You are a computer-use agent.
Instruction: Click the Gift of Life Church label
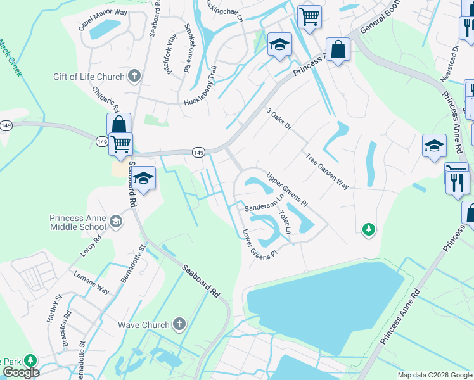pos(89,77)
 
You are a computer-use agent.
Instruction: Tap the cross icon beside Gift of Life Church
pos(133,77)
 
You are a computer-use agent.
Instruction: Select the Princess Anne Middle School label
pos(78,222)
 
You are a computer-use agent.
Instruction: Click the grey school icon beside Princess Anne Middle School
pos(115,222)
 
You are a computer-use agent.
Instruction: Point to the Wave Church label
pos(144,325)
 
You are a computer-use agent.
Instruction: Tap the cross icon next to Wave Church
pos(179,325)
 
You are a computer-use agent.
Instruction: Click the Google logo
pos(22,372)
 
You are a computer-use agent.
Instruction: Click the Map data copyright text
pos(435,375)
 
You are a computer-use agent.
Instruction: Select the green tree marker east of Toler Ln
pos(369,229)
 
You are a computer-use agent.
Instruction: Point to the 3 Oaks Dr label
pos(278,118)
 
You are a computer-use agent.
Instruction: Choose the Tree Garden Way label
pos(327,171)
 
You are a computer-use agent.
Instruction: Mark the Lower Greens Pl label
pos(260,244)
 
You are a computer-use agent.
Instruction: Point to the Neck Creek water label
pos(11,58)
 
